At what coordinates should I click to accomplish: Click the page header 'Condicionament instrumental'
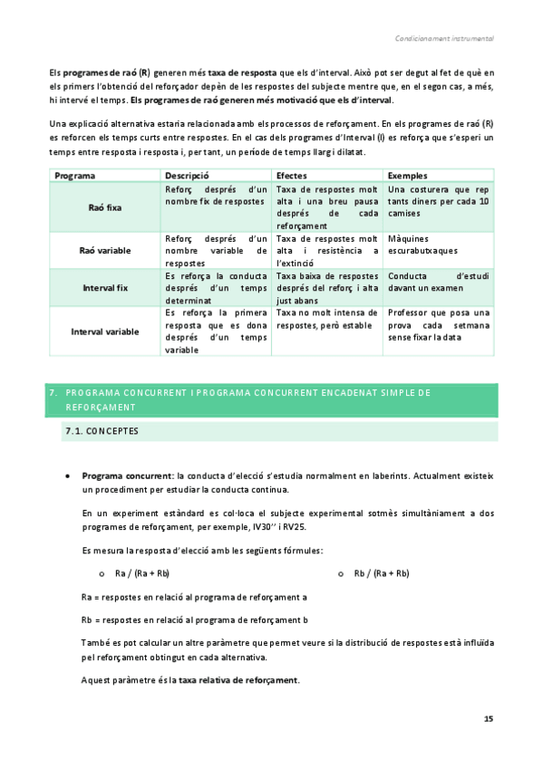click(444, 39)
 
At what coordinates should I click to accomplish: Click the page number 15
click(488, 718)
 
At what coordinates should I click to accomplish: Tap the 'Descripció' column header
click(188, 175)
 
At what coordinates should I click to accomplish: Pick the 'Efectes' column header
click(292, 175)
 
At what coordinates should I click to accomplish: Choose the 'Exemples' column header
click(408, 175)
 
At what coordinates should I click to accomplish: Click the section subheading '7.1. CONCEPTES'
click(102, 432)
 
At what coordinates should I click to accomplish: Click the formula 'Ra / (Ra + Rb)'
click(142, 573)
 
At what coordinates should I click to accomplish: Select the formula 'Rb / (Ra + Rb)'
click(382, 573)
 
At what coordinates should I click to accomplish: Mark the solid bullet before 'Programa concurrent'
click(68, 475)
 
